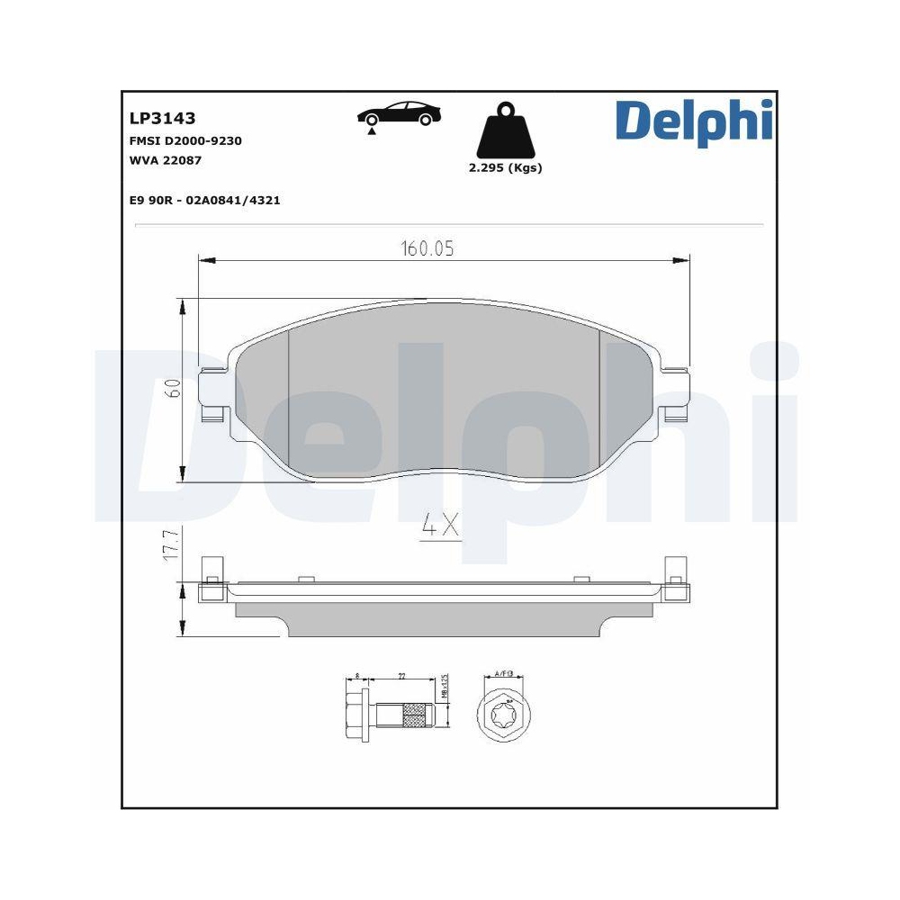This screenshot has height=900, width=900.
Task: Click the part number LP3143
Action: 162,118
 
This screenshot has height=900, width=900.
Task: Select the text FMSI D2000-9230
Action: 185,140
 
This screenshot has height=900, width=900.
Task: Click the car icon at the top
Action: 400,115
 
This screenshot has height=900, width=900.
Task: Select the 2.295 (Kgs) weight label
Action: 505,168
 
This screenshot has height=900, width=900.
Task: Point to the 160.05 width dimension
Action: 427,249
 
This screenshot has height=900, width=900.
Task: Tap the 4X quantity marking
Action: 441,526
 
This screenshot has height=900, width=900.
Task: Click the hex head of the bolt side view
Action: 355,715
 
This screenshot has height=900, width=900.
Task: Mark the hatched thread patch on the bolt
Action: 415,716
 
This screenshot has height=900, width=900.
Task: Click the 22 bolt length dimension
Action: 401,675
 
